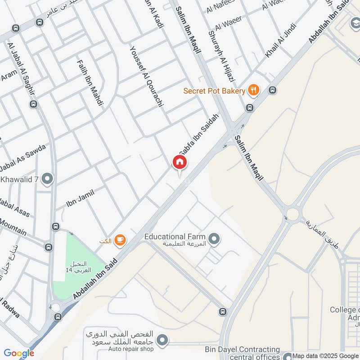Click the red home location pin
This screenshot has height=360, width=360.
coord(179,162)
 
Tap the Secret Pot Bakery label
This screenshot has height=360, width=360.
coord(214,91)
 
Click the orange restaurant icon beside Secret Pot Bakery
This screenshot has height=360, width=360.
coord(254,90)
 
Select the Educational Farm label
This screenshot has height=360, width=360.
coord(175,237)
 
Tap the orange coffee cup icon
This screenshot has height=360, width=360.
coord(119,239)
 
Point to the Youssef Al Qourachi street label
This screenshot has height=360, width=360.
coord(146,79)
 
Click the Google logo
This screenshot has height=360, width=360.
coord(19,353)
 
